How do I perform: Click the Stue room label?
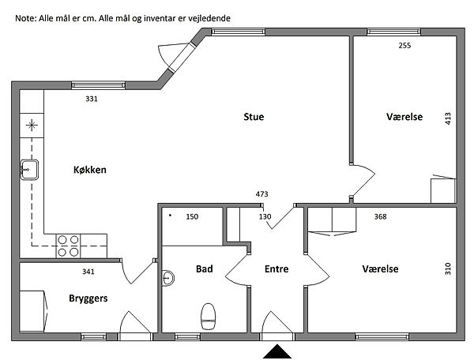(x=254, y=117)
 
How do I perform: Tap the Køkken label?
(x=90, y=170)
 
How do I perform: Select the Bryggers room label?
(x=88, y=298)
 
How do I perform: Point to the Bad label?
(x=205, y=268)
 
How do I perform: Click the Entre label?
(x=276, y=268)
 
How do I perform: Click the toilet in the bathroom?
(x=209, y=317)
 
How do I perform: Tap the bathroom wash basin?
(x=168, y=278)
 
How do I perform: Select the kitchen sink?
(x=29, y=170)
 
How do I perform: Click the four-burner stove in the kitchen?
(x=68, y=246)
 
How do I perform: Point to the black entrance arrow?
(x=277, y=351)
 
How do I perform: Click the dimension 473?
(x=261, y=194)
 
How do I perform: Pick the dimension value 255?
(x=404, y=45)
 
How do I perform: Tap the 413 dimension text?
(x=448, y=118)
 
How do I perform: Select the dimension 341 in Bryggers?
(x=88, y=272)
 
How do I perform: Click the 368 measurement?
(x=380, y=216)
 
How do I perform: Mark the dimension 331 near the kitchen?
(x=92, y=99)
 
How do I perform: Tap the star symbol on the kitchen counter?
(x=32, y=125)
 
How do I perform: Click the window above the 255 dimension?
(x=393, y=32)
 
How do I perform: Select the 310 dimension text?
(x=448, y=268)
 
